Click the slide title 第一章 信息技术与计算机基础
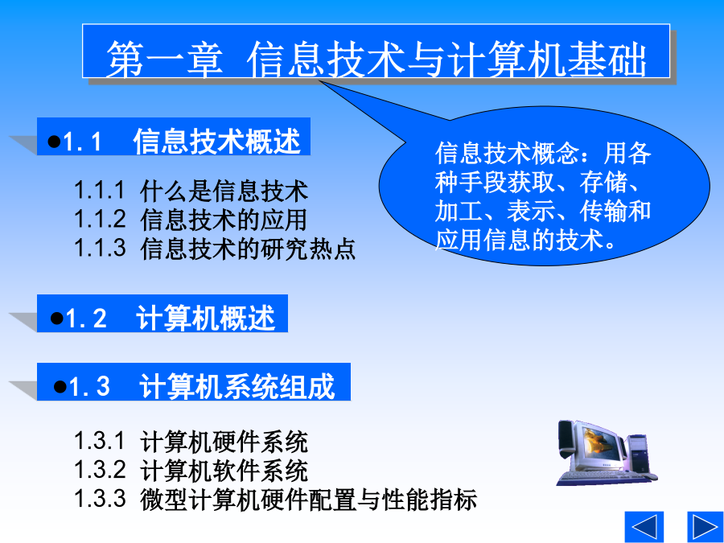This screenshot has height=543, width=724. click(376, 59)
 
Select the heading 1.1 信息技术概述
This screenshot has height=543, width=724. click(174, 141)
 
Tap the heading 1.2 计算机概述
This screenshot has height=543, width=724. click(162, 318)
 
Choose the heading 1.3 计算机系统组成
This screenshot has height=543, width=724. click(194, 386)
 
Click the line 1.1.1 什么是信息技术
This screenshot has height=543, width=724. click(191, 191)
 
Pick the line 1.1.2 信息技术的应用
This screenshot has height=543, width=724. click(191, 220)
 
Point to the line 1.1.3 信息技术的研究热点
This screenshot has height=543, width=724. click(215, 248)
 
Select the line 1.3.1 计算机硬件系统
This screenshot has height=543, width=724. click(191, 442)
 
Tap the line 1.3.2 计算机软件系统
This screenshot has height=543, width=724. click(191, 470)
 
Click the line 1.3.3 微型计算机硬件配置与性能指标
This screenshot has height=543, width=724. click(276, 499)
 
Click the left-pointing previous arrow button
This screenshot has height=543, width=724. click(644, 527)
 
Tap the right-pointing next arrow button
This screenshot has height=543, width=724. click(705, 527)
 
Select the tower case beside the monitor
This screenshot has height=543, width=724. click(639, 454)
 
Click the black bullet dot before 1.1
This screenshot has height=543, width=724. click(54, 142)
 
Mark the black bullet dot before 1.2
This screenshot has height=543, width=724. click(57, 318)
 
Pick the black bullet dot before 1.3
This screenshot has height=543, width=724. click(60, 386)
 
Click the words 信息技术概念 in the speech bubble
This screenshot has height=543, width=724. click(507, 153)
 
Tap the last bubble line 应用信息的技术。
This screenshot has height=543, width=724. click(525, 240)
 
